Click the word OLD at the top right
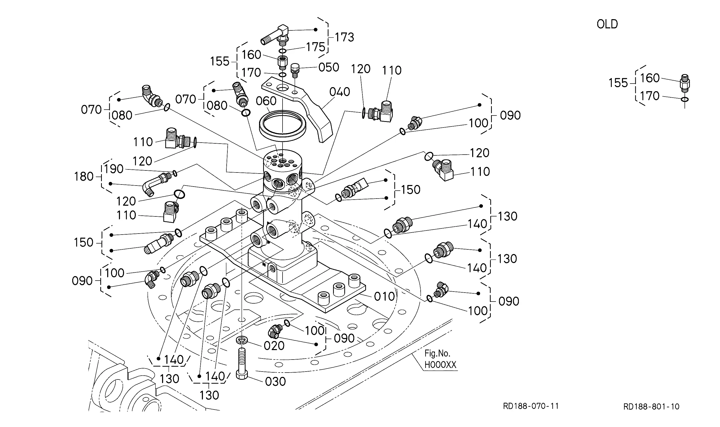[x=607, y=24]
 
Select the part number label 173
[x=345, y=37]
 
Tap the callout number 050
[x=329, y=67]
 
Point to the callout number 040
[x=340, y=92]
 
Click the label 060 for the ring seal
[x=266, y=101]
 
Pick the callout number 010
[x=384, y=296]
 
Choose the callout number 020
[x=274, y=345]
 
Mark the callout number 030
[x=275, y=382]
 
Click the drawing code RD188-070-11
[x=531, y=406]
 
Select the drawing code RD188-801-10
[x=651, y=407]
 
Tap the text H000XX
[x=441, y=365]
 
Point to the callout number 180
[x=84, y=176]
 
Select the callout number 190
[x=114, y=169]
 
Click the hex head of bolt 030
[x=242, y=374]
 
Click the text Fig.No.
[x=437, y=354]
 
